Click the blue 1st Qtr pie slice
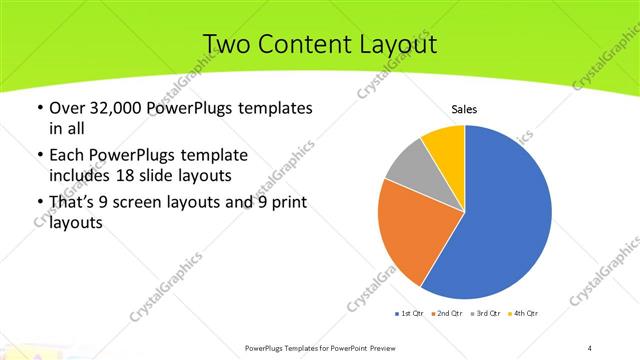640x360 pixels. pos(505,220)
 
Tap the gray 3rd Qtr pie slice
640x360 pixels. pos(409,167)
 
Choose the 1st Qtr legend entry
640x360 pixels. pos(410,315)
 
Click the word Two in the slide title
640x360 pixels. pos(226,44)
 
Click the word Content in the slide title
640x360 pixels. pos(311,44)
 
